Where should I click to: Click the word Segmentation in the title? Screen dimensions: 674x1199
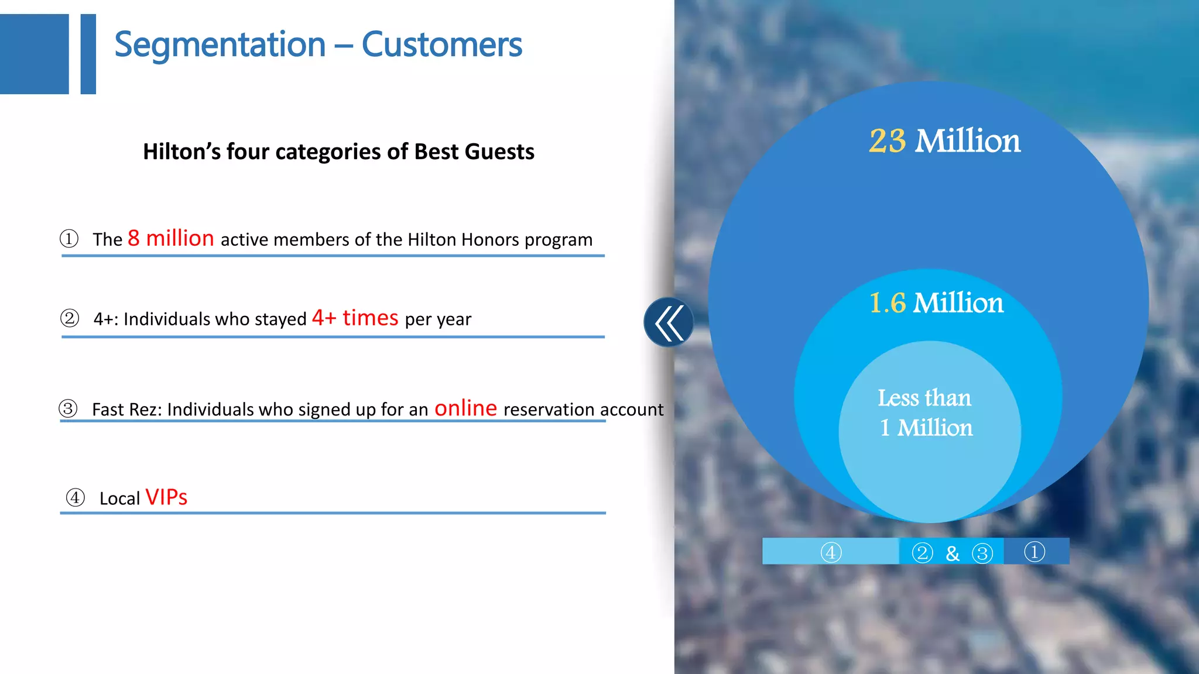[220, 45]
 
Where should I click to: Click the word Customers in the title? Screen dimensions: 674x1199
[441, 45]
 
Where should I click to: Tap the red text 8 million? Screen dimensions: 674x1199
[171, 239]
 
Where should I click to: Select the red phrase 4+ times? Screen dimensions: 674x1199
[355, 318]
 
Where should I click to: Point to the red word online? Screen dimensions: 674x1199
[465, 408]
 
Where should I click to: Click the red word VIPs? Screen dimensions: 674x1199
[166, 497]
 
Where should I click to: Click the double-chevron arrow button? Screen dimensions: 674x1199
[669, 322]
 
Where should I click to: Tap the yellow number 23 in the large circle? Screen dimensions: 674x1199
[887, 141]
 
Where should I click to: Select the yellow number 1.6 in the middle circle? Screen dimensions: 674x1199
[887, 303]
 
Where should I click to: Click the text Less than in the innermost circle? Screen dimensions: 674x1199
[924, 398]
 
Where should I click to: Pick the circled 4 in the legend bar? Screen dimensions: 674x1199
[831, 552]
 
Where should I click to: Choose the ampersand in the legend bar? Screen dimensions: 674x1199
[953, 553]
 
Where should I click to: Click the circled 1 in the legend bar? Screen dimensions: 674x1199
[1034, 552]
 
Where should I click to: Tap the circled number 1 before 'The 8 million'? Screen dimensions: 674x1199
[69, 239]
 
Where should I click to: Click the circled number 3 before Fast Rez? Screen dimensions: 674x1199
[68, 408]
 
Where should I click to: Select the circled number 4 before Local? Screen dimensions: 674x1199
[75, 498]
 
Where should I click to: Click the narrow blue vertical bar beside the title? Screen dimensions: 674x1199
[88, 54]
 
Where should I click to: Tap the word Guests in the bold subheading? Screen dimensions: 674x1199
[499, 152]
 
